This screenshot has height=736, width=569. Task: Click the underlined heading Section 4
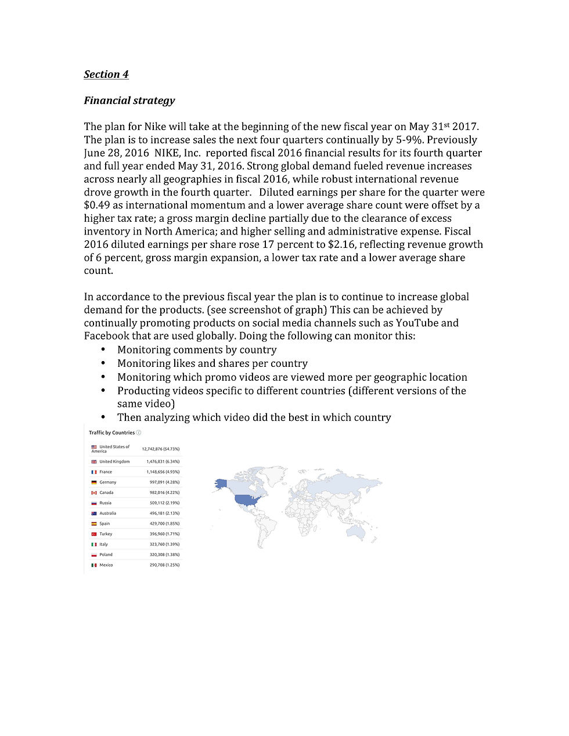[x=106, y=74]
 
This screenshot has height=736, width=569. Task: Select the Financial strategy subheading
[x=129, y=100]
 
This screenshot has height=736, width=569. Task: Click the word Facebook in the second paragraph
[x=107, y=336]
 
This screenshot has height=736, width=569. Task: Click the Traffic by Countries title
[x=111, y=433]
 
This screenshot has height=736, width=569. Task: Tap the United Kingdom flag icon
[x=94, y=462]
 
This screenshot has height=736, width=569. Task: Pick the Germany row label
[x=107, y=482]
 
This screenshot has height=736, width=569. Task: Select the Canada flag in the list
[x=94, y=493]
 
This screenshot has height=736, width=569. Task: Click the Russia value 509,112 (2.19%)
[x=164, y=503]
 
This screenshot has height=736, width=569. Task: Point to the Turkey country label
[x=106, y=534]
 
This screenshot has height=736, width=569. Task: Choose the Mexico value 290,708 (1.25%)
[x=164, y=565]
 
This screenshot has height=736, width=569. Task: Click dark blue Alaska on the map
[x=221, y=484]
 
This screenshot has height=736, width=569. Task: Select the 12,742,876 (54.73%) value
[x=160, y=449]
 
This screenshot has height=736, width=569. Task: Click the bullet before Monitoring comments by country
[x=103, y=349]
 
